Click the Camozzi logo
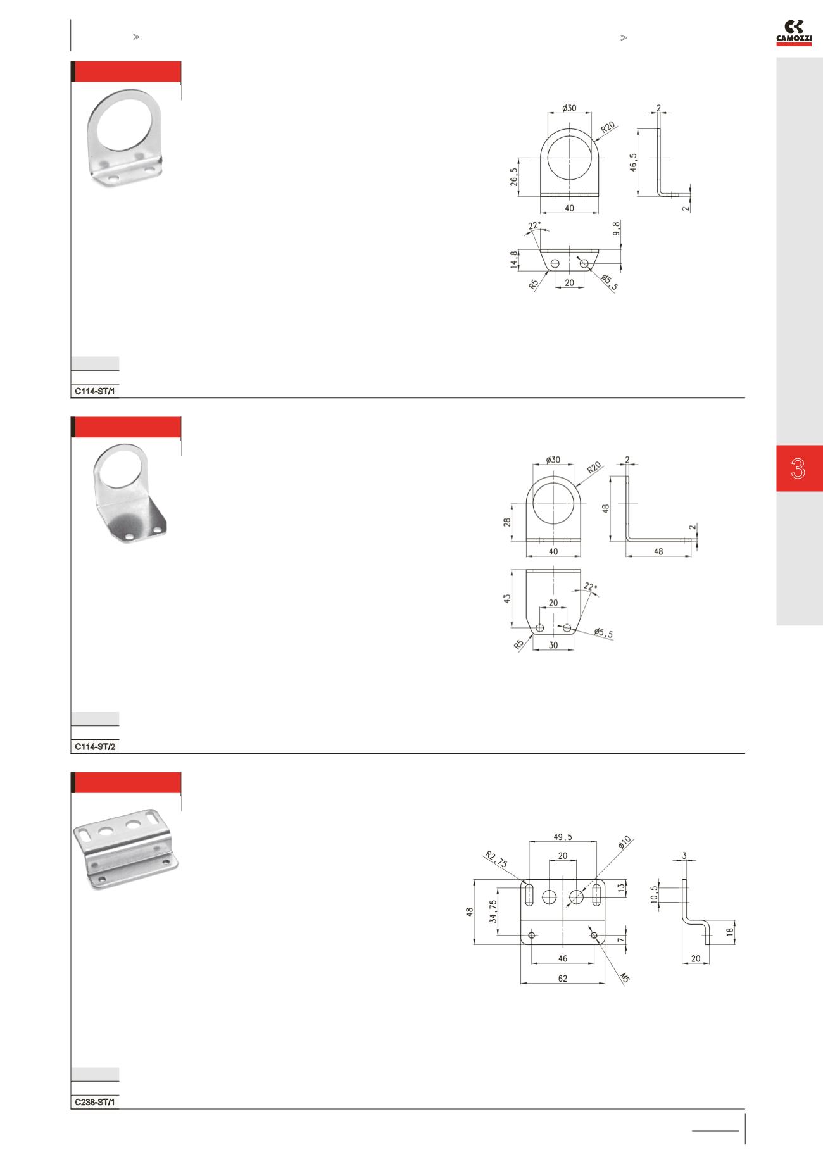[794, 32]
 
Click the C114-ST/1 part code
[95, 391]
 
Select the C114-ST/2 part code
[95, 747]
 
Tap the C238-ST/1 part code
[95, 1102]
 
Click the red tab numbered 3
[799, 468]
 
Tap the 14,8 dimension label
[514, 259]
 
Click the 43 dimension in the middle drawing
[506, 598]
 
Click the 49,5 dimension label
[563, 836]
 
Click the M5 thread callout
[624, 978]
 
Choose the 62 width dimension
[563, 978]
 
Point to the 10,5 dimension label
[655, 895]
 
